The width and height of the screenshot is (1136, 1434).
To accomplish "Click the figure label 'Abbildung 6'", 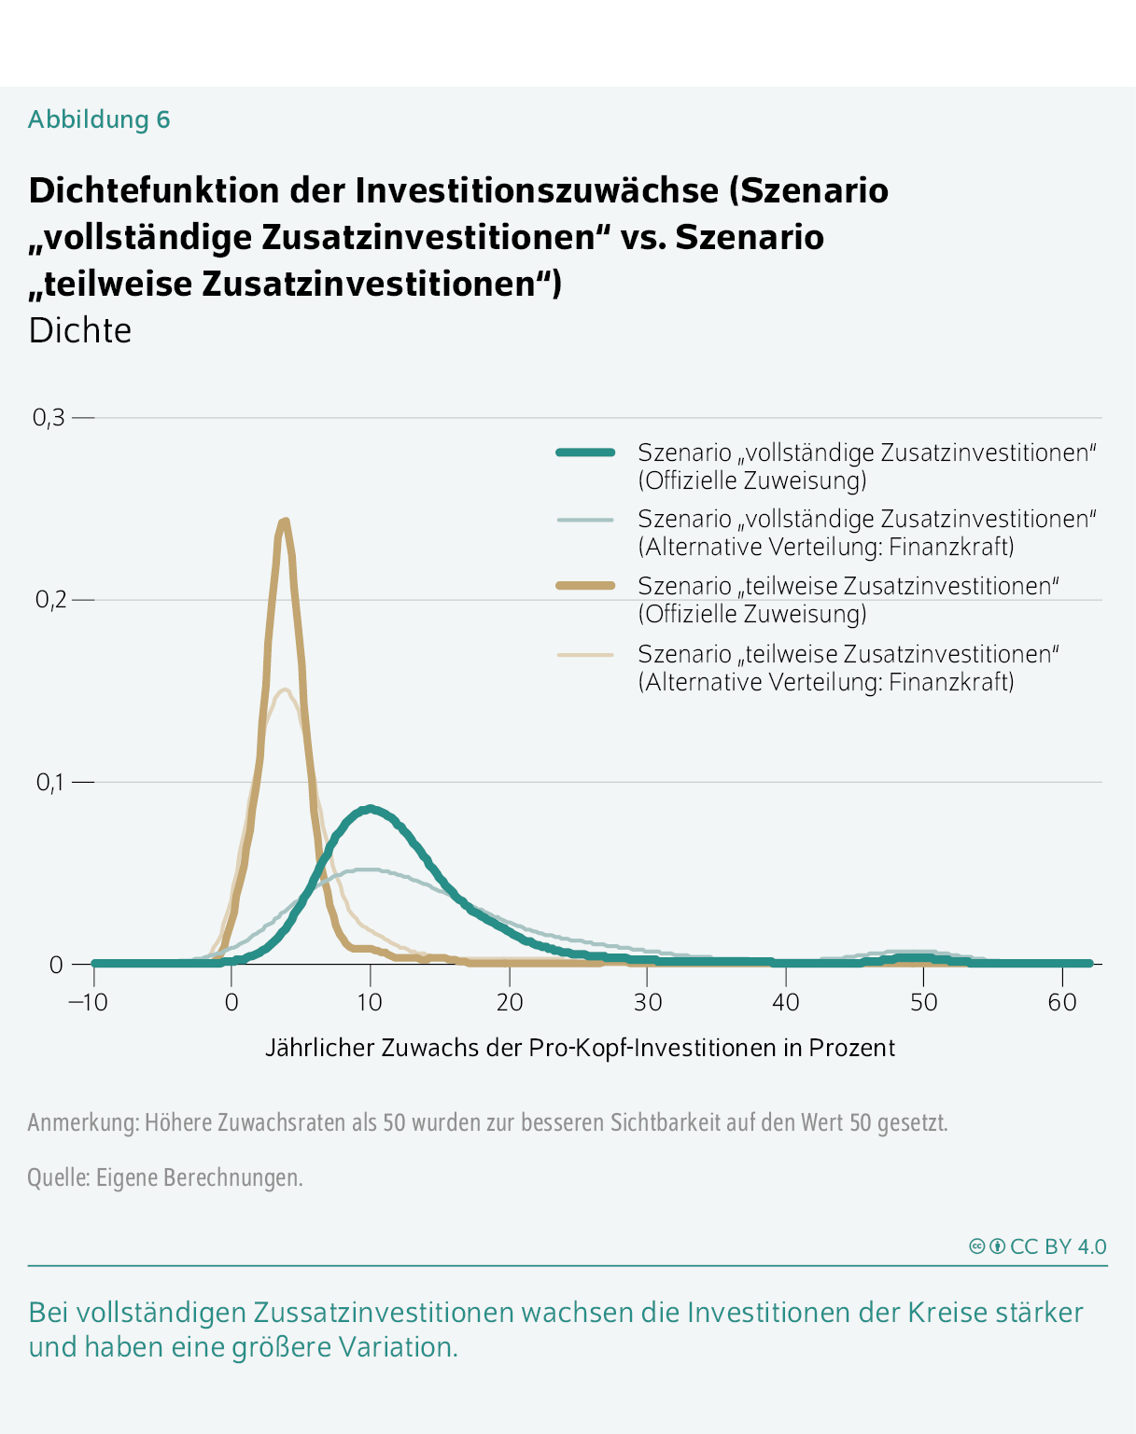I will [99, 119].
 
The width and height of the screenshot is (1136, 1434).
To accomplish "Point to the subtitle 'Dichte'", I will [80, 330].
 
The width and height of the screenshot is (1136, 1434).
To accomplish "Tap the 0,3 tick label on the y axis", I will [49, 418].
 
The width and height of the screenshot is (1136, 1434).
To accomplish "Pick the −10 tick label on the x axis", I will [89, 1003].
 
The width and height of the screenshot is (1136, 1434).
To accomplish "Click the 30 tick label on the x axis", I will [647, 1003].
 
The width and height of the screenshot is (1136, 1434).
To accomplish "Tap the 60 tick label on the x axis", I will [1062, 1003].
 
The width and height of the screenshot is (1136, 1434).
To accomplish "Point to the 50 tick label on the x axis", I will [923, 1003].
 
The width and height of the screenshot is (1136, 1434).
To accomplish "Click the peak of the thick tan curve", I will [285, 522].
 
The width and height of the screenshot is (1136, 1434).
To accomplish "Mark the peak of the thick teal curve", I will [371, 809].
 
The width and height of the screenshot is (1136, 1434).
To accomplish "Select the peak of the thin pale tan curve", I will [284, 689].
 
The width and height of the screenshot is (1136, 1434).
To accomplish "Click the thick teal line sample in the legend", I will [585, 452].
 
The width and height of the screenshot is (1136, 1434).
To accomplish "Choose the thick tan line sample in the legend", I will [585, 586].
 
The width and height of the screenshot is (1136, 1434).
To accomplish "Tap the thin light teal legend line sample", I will [585, 519].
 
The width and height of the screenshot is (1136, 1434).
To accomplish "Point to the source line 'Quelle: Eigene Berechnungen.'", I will [165, 1177].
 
